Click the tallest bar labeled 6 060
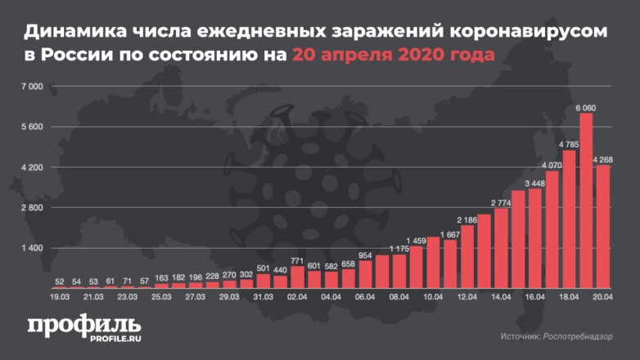(x=586, y=200)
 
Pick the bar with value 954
(x=366, y=275)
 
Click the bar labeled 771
(x=297, y=277)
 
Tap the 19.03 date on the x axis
(x=60, y=299)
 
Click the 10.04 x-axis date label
(x=434, y=299)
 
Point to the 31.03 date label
(x=264, y=299)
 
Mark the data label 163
(x=160, y=279)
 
